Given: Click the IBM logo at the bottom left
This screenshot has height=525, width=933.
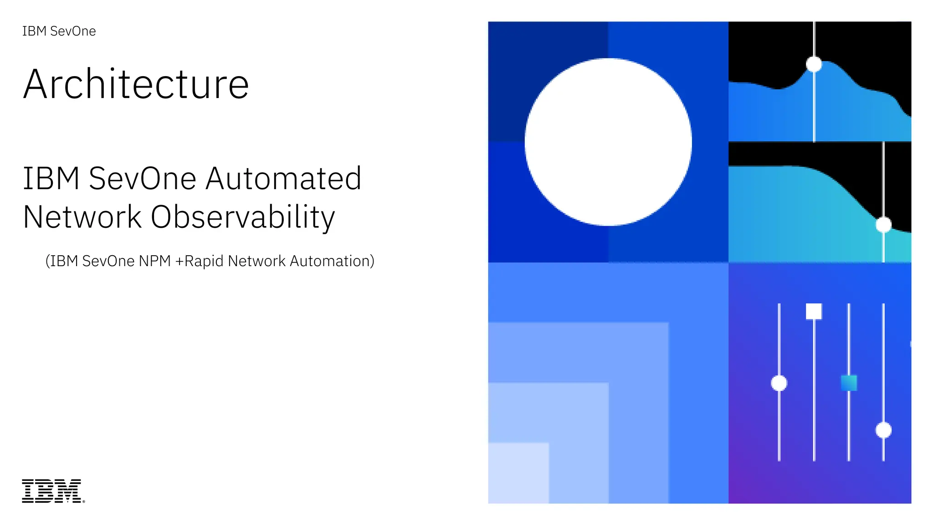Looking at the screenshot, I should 51,491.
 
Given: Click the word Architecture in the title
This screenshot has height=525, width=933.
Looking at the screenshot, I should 136,84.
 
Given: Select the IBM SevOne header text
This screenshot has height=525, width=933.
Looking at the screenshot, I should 59,31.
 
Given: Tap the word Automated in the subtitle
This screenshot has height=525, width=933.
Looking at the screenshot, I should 283,178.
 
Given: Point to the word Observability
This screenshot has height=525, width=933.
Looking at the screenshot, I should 243,217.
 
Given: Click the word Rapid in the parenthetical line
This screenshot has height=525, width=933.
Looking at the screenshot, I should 204,261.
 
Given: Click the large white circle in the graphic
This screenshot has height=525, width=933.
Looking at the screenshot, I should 608,142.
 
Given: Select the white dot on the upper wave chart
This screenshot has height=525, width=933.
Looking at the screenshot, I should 814,64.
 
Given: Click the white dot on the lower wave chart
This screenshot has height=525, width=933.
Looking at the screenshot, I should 883,225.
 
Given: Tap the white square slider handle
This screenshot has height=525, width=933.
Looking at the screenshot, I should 814,312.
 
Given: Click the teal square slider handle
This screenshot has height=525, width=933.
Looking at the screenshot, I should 849,383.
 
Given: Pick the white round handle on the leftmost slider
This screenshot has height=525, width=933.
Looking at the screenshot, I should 779,383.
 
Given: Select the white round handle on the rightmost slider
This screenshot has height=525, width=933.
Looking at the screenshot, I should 883,430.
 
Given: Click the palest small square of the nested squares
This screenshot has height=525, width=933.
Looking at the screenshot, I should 518,473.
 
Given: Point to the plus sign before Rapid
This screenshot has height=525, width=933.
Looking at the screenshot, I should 179,262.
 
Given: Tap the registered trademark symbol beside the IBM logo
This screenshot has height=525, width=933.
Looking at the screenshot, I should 83,501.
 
